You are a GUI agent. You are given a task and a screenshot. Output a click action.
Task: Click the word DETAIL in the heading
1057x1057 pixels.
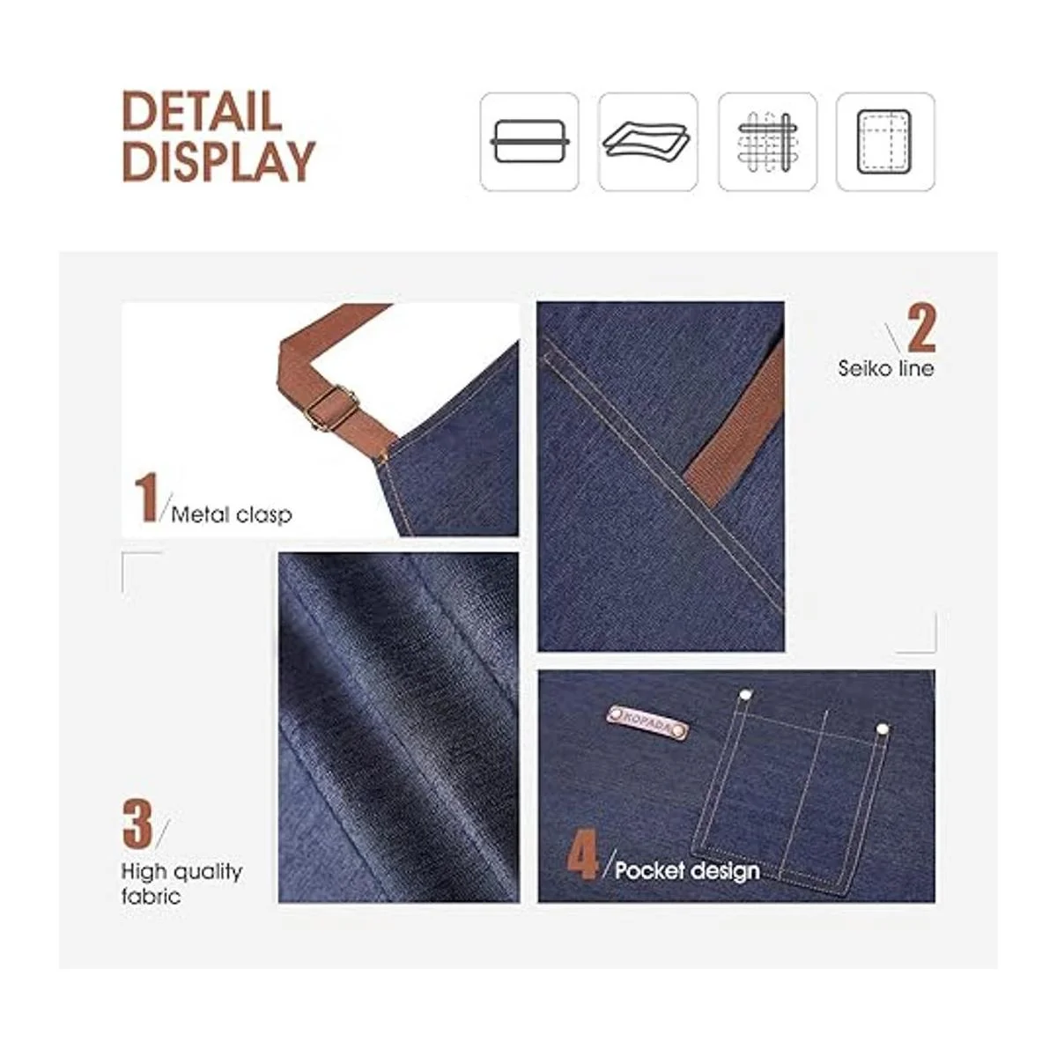tap(202, 111)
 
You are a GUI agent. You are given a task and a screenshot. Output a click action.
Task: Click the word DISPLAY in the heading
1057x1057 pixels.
tap(218, 160)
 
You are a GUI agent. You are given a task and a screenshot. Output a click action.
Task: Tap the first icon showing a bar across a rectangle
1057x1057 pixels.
tap(529, 142)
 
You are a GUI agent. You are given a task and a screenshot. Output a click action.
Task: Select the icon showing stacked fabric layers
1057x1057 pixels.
tap(647, 142)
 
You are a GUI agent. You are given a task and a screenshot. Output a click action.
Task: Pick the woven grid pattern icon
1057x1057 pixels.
tap(767, 142)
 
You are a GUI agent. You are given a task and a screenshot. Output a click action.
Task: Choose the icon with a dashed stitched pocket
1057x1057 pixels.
tap(885, 142)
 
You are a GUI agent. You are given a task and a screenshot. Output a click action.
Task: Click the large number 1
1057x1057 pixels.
tap(146, 499)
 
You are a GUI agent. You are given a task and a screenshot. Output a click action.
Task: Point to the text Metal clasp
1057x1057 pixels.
tap(232, 515)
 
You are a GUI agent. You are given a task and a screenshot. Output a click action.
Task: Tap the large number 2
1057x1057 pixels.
tap(921, 328)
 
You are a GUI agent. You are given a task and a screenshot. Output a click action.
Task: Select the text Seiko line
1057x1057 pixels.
tap(885, 368)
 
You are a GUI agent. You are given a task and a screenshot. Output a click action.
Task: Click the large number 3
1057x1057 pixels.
tap(137, 824)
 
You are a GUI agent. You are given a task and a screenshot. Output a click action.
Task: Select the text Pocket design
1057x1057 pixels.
tap(687, 870)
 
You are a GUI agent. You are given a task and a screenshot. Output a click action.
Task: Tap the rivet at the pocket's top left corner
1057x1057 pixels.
tap(745, 695)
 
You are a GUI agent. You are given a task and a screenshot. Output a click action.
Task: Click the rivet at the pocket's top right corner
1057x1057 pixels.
tap(882, 729)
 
